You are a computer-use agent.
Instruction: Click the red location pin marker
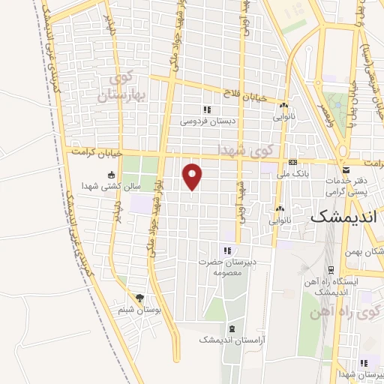(x=193, y=175)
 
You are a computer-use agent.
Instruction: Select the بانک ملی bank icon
(x=292, y=163)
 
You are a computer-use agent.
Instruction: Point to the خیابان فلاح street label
(x=243, y=93)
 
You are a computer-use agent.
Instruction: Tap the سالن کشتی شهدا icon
(x=112, y=175)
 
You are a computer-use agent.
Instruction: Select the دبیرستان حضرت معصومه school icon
(x=226, y=251)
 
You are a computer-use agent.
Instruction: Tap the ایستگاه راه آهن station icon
(x=329, y=269)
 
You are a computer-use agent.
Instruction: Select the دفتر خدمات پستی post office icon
(x=345, y=170)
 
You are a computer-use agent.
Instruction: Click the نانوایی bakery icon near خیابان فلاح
(x=284, y=105)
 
